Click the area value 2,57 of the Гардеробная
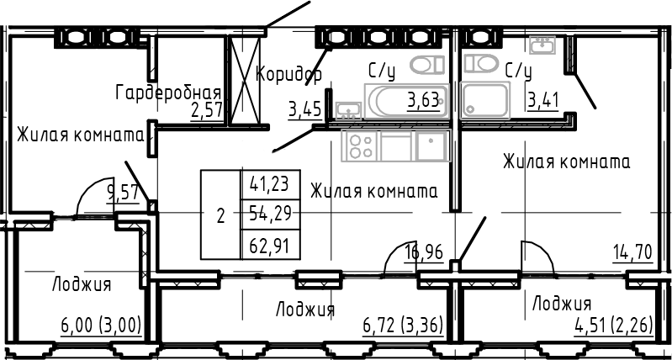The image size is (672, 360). pyautogui.click(x=207, y=112)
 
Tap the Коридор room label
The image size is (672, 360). pyautogui.click(x=288, y=74)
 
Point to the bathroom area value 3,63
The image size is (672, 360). pyautogui.click(x=423, y=102)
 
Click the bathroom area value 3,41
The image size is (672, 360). pyautogui.click(x=543, y=102)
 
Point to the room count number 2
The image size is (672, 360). pyautogui.click(x=220, y=215)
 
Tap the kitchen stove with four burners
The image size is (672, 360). pyautogui.click(x=361, y=147)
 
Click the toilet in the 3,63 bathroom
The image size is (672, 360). pyautogui.click(x=427, y=65)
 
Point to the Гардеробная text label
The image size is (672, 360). pyautogui.click(x=168, y=93)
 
